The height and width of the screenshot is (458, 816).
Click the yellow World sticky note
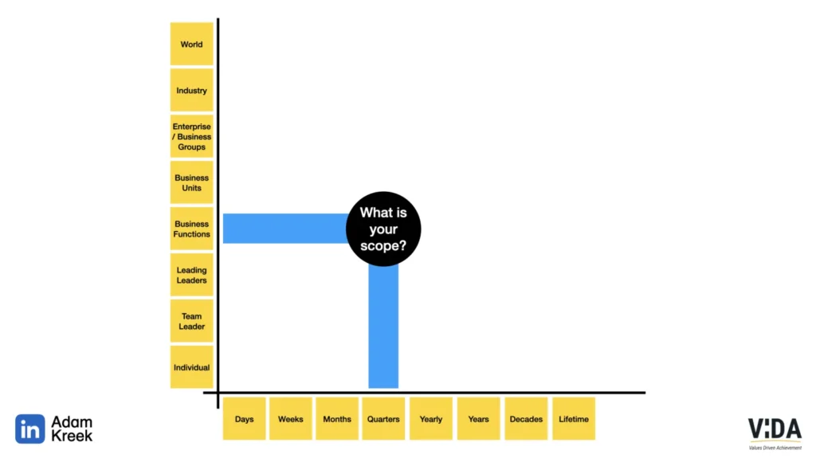pyautogui.click(x=191, y=45)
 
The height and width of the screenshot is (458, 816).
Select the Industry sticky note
pyautogui.click(x=191, y=91)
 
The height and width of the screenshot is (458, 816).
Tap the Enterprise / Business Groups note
pyautogui.click(x=191, y=136)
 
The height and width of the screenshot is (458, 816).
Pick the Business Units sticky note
pyautogui.click(x=191, y=182)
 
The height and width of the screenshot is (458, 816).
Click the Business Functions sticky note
pyautogui.click(x=191, y=229)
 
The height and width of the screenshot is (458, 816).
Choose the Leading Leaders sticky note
pyautogui.click(x=191, y=275)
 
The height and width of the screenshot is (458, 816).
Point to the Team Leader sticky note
pyautogui.click(x=191, y=321)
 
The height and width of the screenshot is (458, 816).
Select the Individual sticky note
pyautogui.click(x=191, y=367)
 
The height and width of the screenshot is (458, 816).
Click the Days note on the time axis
pyautogui.click(x=244, y=419)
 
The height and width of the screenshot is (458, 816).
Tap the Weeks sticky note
pyautogui.click(x=290, y=419)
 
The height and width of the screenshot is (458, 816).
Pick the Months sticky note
pyautogui.click(x=336, y=419)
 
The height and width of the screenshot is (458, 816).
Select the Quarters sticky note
pyautogui.click(x=383, y=419)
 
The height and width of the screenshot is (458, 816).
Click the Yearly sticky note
pyautogui.click(x=430, y=419)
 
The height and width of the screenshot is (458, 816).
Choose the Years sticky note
pyautogui.click(x=478, y=419)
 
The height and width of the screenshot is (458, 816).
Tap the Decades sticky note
pyautogui.click(x=526, y=419)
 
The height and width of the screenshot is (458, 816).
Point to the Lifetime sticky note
pyautogui.click(x=574, y=419)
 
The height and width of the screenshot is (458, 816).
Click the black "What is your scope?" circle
pyautogui.click(x=383, y=229)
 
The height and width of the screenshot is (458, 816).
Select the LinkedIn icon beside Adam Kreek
pyautogui.click(x=29, y=429)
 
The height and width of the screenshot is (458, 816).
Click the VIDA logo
pyautogui.click(x=775, y=431)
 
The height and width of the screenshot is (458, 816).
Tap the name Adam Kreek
pyautogui.click(x=72, y=429)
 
